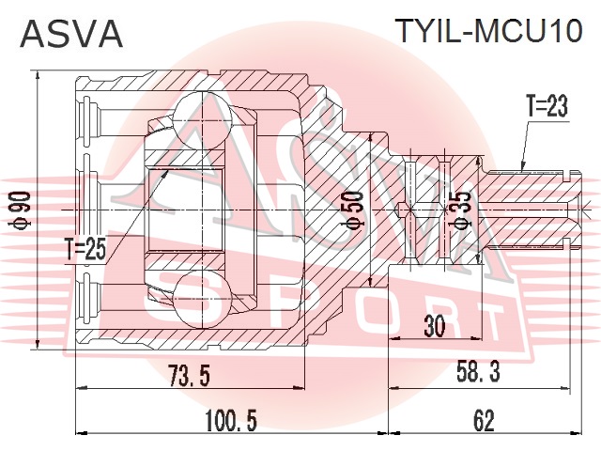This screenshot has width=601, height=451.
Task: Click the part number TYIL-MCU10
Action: (489, 31)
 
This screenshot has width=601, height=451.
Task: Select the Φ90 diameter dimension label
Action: (22, 210)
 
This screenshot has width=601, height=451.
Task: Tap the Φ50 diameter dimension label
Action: (355, 210)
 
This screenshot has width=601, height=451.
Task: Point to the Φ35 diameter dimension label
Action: (463, 210)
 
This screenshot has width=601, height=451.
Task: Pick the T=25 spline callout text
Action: (85, 250)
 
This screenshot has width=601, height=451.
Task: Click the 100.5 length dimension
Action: (231, 420)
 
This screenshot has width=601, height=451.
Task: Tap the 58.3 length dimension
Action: (479, 371)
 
